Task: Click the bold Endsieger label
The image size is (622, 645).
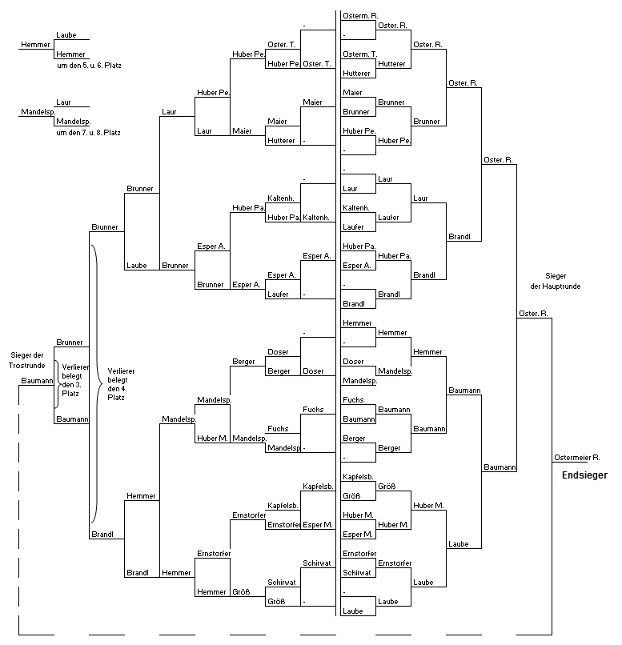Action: (584, 475)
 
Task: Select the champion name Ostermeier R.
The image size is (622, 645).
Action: (576, 458)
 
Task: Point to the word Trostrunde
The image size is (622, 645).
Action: (26, 365)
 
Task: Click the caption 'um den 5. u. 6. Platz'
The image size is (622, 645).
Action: (89, 66)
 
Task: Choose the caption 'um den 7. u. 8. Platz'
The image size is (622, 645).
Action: (88, 133)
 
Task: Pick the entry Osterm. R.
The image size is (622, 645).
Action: (360, 16)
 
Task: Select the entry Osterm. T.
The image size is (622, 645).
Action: (360, 54)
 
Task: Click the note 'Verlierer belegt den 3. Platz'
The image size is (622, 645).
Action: (75, 380)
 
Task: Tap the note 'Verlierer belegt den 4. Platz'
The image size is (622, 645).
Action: (121, 384)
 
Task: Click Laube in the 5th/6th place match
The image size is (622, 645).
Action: (66, 35)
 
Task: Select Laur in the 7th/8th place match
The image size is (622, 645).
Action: (63, 102)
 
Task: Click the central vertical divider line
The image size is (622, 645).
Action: (336, 313)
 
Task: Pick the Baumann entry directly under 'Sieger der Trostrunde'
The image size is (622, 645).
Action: (37, 380)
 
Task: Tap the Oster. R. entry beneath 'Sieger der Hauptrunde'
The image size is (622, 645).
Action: (533, 314)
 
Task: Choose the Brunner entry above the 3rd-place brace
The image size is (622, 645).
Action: (70, 343)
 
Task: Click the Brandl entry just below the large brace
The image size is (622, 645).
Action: (102, 535)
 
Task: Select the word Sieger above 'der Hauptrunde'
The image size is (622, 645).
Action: (556, 276)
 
